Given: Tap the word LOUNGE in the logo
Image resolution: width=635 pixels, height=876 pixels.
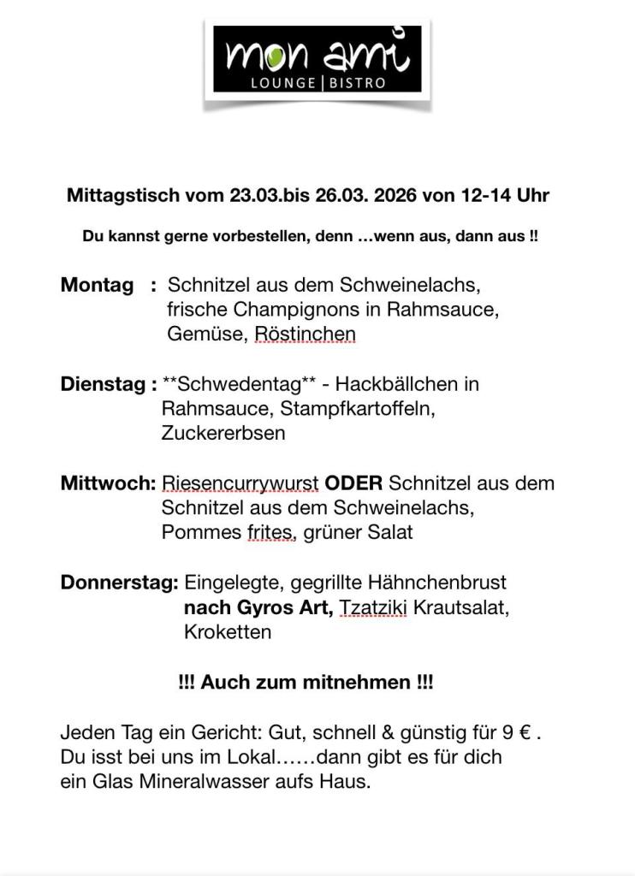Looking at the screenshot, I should [x=282, y=83].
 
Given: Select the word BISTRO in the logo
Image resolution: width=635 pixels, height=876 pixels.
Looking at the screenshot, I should [x=356, y=83].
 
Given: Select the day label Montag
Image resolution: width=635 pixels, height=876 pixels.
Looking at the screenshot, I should [x=97, y=285].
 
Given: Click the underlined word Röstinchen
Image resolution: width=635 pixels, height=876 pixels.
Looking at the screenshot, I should [x=306, y=334].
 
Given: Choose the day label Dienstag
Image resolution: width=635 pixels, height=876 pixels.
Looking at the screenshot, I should [x=104, y=384].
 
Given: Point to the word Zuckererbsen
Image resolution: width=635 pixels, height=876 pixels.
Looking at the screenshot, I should [x=223, y=433].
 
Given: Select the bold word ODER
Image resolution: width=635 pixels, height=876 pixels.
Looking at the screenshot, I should [x=353, y=483].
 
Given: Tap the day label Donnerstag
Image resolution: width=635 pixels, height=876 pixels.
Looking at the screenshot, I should [x=117, y=583].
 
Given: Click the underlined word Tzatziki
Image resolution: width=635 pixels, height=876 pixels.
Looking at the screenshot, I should [x=373, y=607].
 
